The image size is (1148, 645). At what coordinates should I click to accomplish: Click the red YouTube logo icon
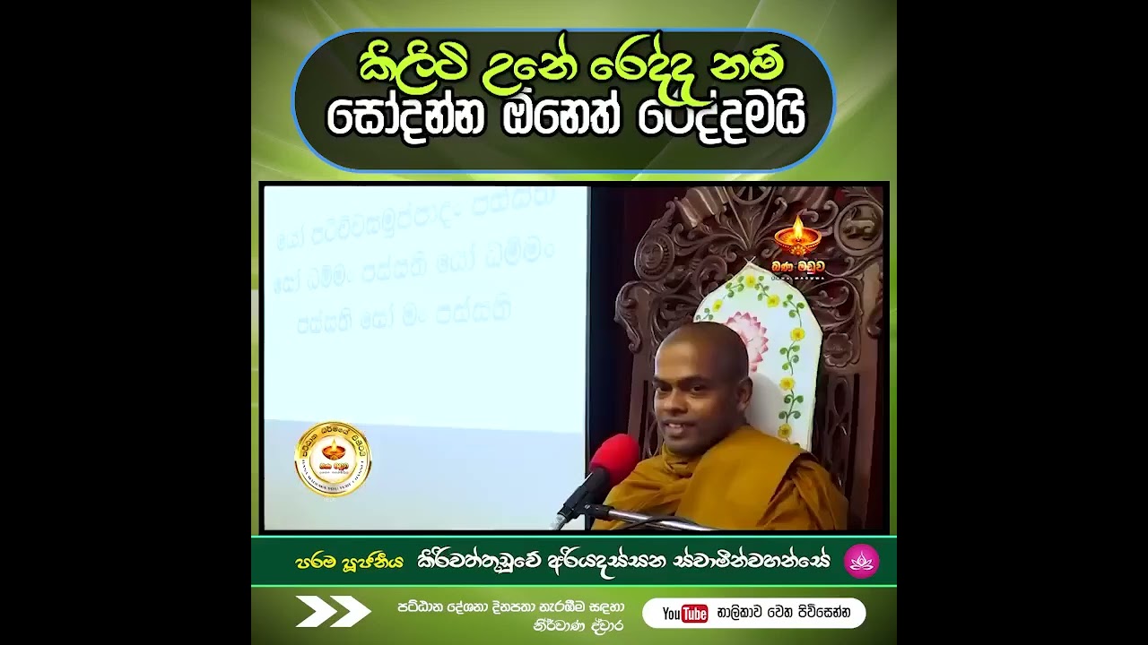(x=685, y=614)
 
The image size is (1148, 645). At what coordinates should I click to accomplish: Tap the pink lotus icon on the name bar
(x=861, y=562)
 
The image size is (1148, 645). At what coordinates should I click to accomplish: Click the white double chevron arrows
(x=333, y=611)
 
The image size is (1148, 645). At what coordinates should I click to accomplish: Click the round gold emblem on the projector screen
(x=333, y=459)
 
